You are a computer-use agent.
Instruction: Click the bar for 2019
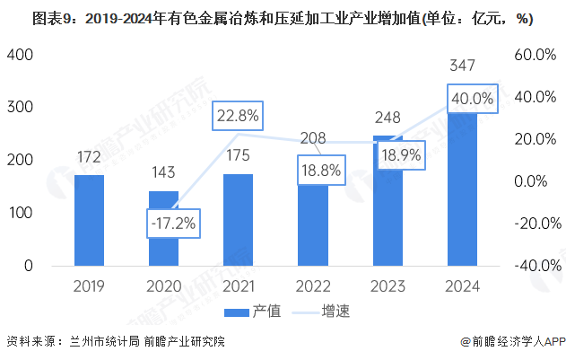click(89, 220)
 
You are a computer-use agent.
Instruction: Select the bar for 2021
click(238, 220)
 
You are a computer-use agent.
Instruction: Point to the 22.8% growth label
click(237, 115)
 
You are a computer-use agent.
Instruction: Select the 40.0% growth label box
click(472, 99)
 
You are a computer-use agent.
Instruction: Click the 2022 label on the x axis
click(312, 285)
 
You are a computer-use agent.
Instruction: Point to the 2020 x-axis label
click(163, 285)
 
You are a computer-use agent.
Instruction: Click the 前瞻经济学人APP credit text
click(511, 342)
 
